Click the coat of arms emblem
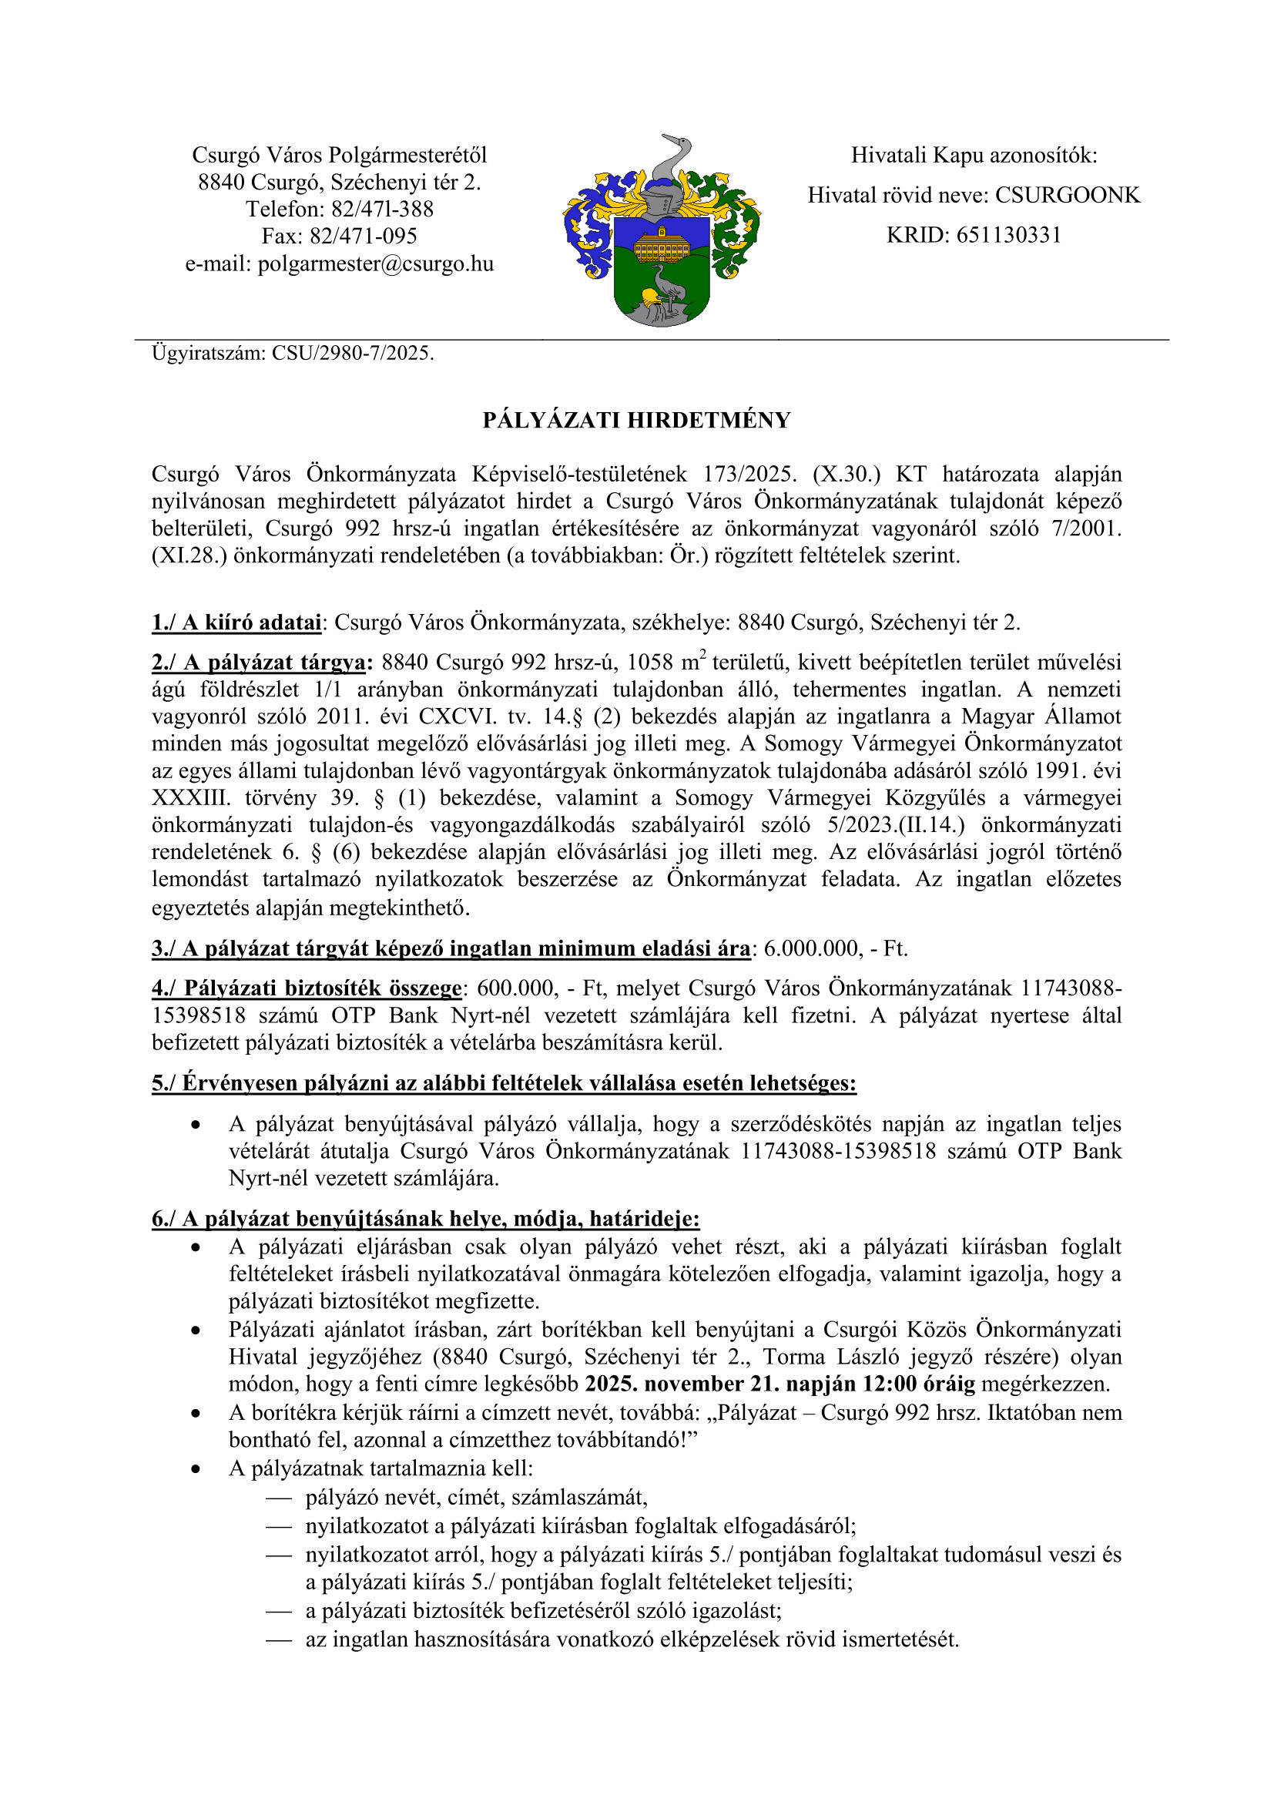662,231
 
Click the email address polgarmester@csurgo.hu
376,263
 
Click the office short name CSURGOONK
1067,196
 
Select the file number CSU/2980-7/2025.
352,353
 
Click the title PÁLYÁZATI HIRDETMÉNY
636,421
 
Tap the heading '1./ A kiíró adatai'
237,623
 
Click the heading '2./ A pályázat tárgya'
259,663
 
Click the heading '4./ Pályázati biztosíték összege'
307,988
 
